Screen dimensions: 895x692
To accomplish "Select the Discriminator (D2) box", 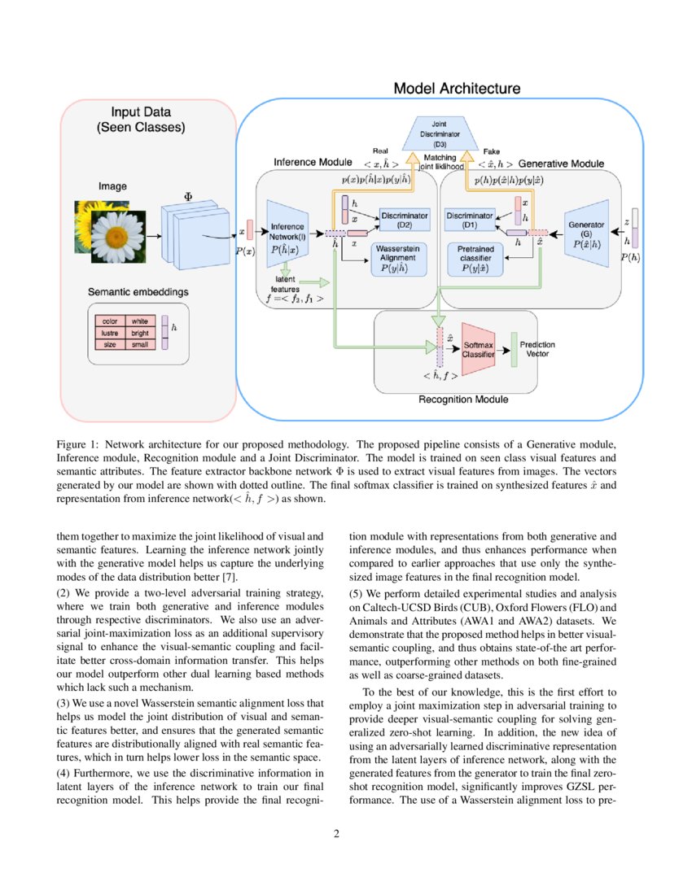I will (405, 220).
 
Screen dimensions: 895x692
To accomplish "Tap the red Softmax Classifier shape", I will (478, 350).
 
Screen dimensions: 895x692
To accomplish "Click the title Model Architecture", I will (457, 89).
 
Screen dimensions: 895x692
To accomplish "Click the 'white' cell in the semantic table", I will (139, 321).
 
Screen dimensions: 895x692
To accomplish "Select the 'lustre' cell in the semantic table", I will (110, 333).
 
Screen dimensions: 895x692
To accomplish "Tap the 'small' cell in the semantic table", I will (139, 344).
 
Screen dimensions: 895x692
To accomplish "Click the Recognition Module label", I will (462, 399).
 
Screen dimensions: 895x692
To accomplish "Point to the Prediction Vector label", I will (537, 349).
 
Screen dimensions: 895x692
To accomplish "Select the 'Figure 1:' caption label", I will (77, 444).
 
